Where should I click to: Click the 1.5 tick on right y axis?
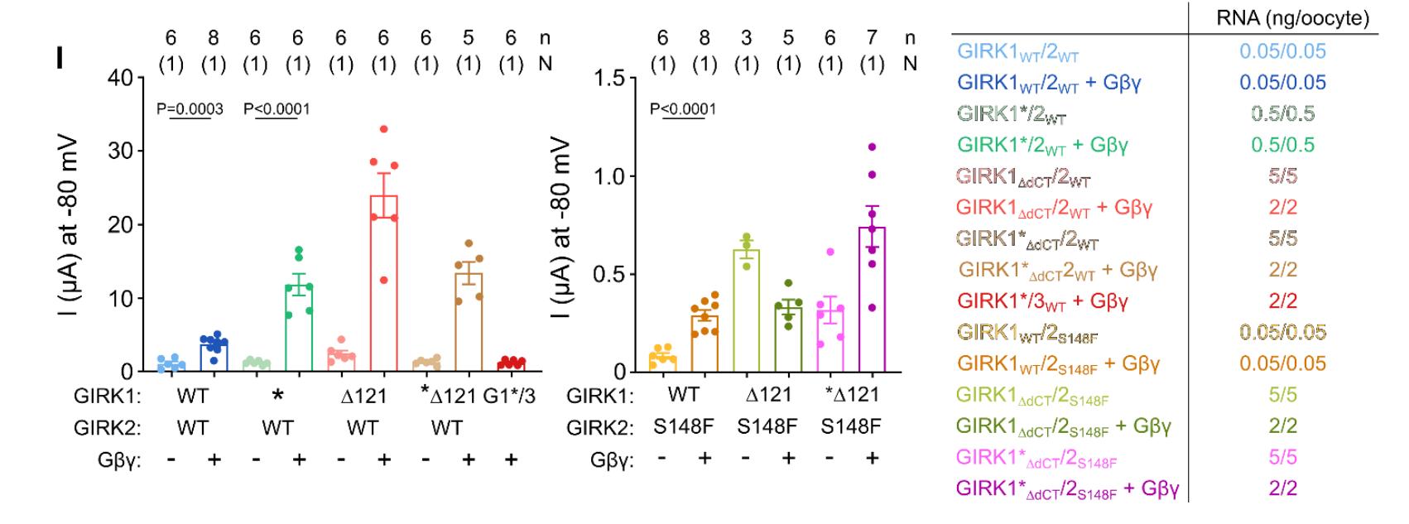click(611, 78)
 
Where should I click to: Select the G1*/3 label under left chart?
click(510, 396)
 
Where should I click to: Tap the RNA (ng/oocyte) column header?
click(1292, 18)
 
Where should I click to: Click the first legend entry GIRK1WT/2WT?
click(1017, 51)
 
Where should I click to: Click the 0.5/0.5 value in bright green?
click(1282, 145)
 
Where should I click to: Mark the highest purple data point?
click(872, 147)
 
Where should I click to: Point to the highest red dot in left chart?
click(383, 129)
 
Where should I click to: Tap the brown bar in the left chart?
click(469, 322)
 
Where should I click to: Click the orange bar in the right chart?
click(704, 343)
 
